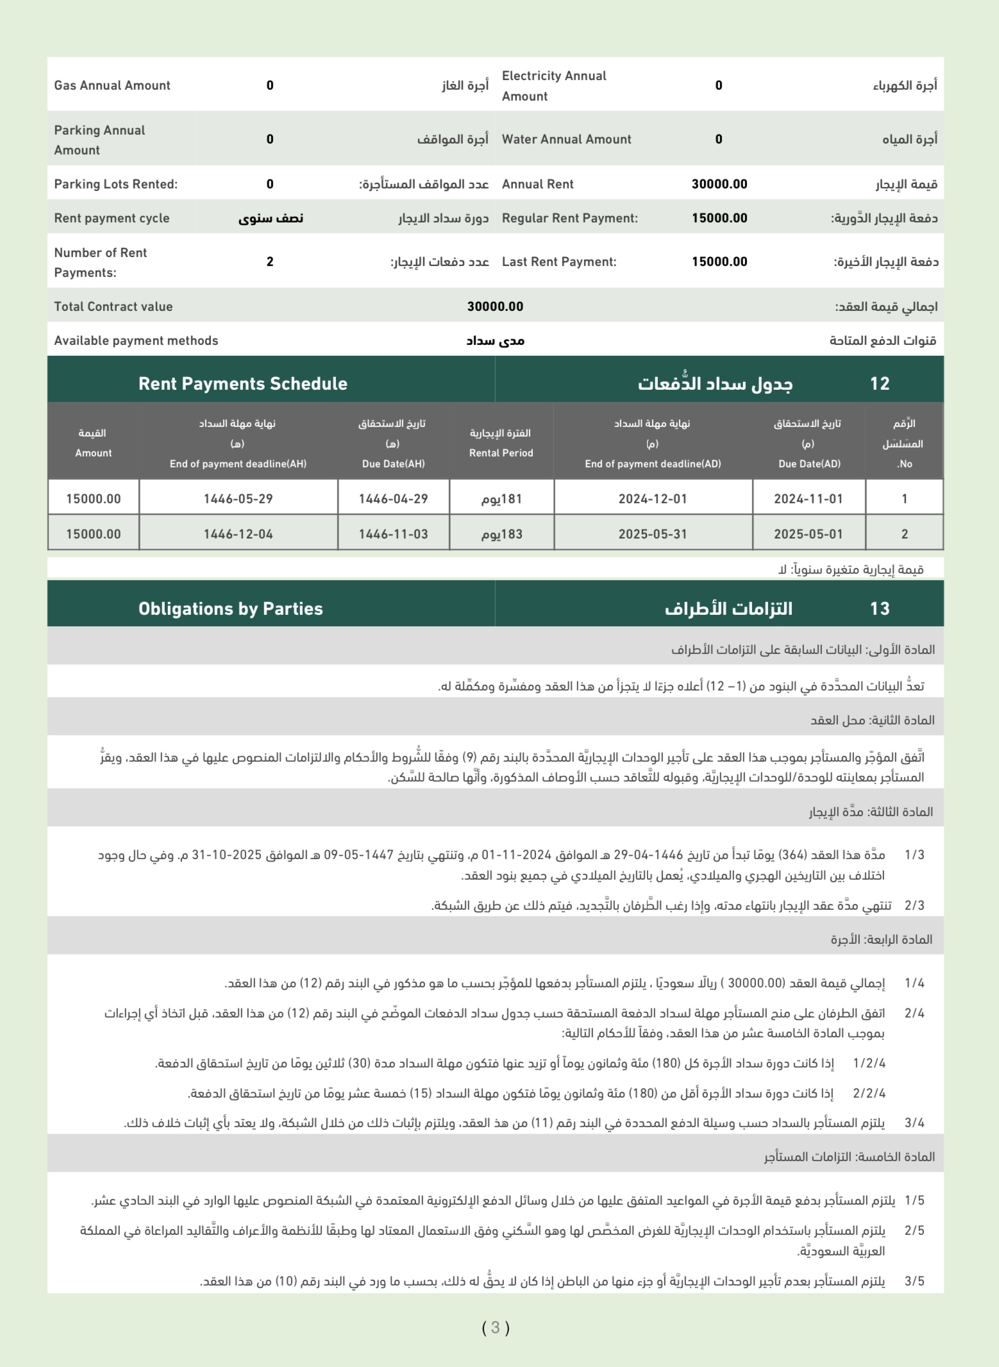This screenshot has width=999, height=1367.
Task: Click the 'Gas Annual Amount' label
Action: click(x=112, y=85)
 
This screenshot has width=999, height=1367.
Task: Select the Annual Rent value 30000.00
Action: click(x=719, y=184)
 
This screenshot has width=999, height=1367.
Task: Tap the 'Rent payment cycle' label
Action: click(x=112, y=218)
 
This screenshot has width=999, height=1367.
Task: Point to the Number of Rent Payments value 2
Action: click(x=270, y=262)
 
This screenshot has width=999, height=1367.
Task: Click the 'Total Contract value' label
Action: click(x=113, y=306)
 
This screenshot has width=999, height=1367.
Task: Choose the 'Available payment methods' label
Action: click(x=136, y=340)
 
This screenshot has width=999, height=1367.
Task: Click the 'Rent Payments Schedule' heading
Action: click(x=242, y=383)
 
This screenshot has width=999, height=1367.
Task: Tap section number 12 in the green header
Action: click(x=879, y=383)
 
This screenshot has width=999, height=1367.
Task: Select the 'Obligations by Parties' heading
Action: click(x=230, y=608)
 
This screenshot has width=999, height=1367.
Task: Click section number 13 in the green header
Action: click(x=879, y=608)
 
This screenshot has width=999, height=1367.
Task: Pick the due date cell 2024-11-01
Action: click(x=808, y=499)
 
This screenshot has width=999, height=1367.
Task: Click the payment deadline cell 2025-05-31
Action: click(x=652, y=534)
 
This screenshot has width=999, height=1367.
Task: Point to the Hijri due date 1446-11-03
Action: click(x=393, y=534)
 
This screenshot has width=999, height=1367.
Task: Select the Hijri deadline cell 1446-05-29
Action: click(x=238, y=499)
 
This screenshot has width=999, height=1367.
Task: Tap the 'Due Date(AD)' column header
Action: click(x=809, y=464)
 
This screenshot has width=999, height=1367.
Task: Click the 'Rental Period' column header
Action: click(x=501, y=453)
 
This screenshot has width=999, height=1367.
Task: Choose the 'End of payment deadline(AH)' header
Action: click(x=238, y=464)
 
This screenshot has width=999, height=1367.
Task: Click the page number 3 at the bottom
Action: click(x=496, y=1327)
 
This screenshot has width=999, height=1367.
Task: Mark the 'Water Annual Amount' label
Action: click(x=566, y=139)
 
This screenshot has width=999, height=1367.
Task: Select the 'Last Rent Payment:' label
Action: click(x=558, y=262)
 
